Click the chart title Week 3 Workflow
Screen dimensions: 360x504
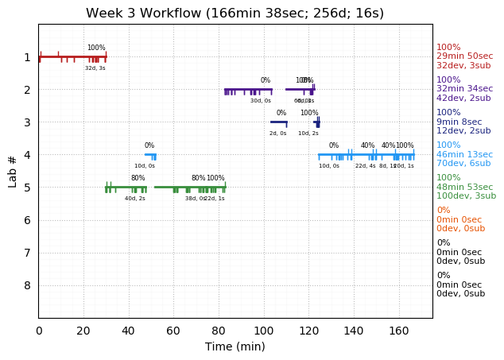pyautogui.click(x=235, y=13)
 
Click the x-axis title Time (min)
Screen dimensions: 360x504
pyautogui.click(x=235, y=346)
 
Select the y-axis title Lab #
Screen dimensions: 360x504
pyautogui.click(x=13, y=171)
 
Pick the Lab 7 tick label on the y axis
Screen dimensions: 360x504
pyautogui.click(x=27, y=253)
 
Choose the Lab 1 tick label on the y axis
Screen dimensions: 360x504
pyautogui.click(x=27, y=57)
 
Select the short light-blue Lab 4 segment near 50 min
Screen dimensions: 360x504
pyautogui.click(x=150, y=155)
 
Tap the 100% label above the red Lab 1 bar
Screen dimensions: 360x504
pyautogui.click(x=96, y=48)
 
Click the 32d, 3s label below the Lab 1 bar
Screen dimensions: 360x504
pyautogui.click(x=95, y=68)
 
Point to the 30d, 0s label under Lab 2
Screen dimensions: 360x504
pyautogui.click(x=261, y=101)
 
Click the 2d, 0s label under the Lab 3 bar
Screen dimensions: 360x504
pyautogui.click(x=277, y=134)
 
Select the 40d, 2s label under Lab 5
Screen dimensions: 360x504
pyautogui.click(x=135, y=199)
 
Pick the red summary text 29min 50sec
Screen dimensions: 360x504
pyautogui.click(x=464, y=56)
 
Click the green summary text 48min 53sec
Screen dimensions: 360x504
pyautogui.click(x=464, y=187)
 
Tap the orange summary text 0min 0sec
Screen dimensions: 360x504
pyautogui.click(x=459, y=219)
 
